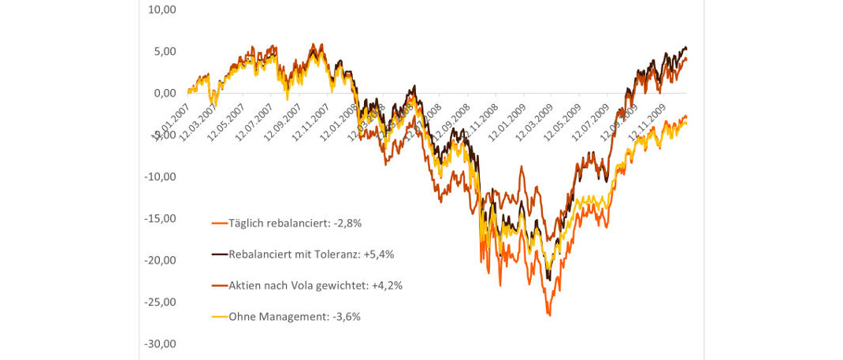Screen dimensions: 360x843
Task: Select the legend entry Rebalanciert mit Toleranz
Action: tap(299, 254)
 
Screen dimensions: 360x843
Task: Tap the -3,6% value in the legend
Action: tap(346, 317)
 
